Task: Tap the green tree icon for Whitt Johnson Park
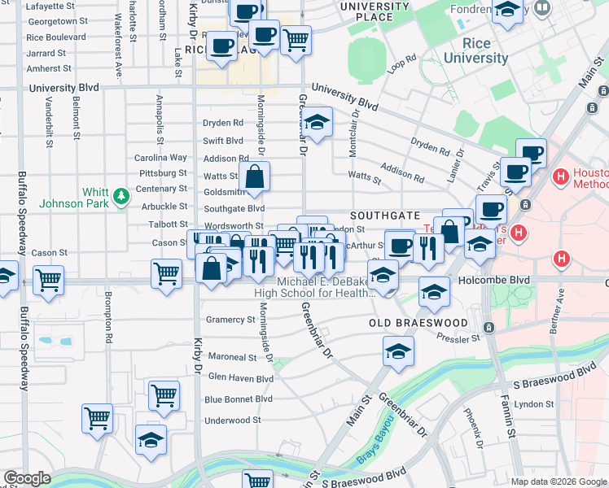[121, 196]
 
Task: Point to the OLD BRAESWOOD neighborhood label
[418, 323]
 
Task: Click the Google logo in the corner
[27, 477]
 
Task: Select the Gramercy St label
[230, 320]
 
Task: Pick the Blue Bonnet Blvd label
[239, 399]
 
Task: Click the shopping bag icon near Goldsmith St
[255, 176]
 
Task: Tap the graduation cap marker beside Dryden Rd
[318, 122]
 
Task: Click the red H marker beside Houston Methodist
[561, 176]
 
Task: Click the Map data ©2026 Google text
[558, 481]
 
